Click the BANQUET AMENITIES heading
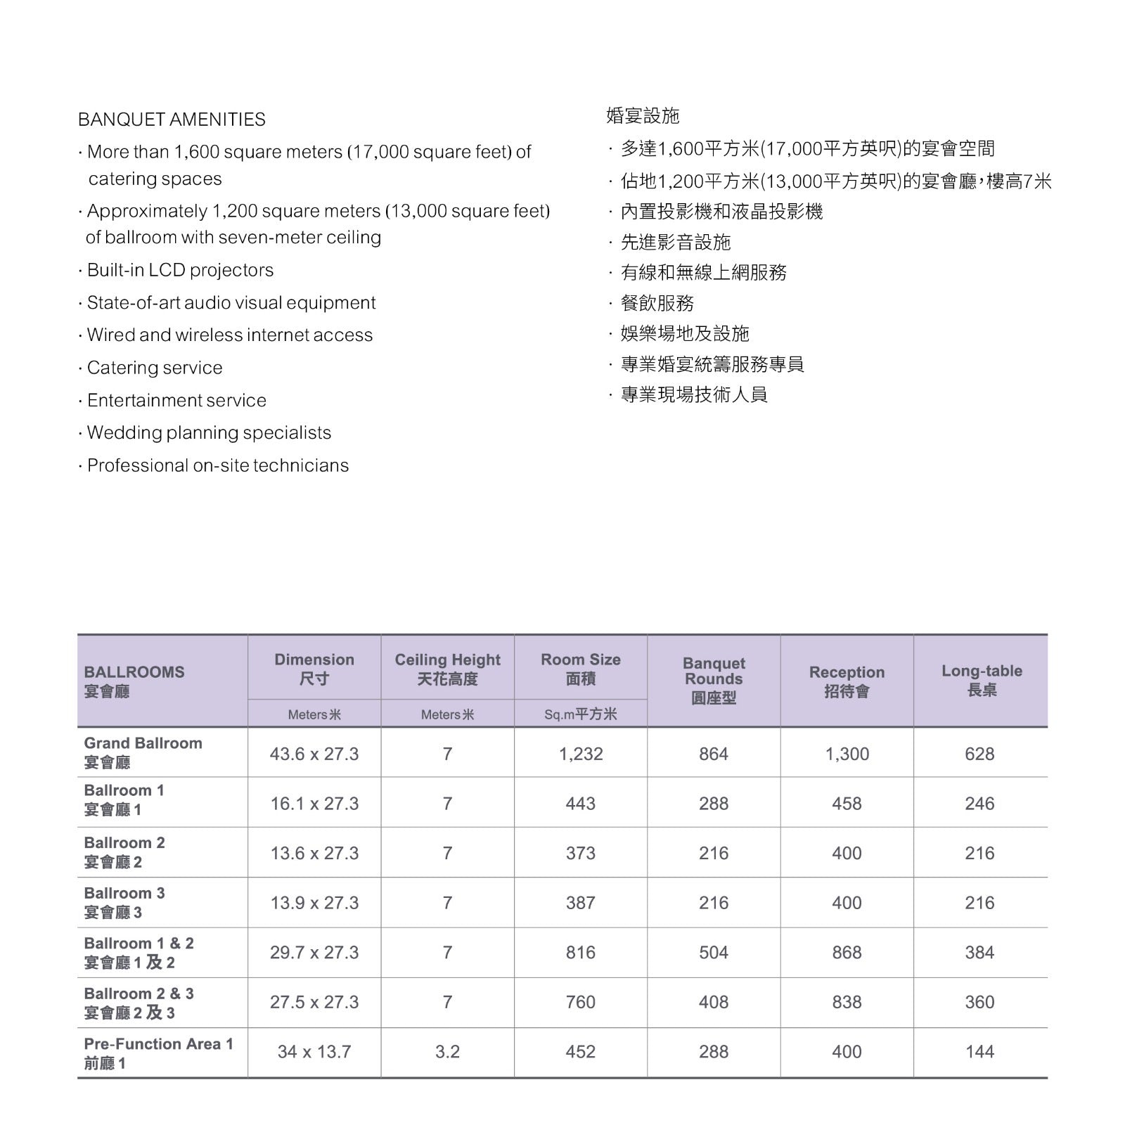click(172, 120)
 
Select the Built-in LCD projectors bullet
click(180, 270)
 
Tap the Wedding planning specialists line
click(209, 432)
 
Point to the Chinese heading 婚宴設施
click(643, 116)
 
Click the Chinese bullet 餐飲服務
click(657, 303)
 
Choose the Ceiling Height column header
click(447, 669)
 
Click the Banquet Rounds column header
click(714, 680)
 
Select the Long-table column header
click(982, 680)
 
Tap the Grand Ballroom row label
click(143, 752)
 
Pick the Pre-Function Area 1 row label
click(158, 1053)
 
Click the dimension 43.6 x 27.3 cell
click(314, 754)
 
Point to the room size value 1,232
click(581, 754)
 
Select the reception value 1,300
click(847, 754)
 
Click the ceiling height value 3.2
click(447, 1052)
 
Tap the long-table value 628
click(979, 754)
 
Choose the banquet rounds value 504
click(714, 953)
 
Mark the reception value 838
click(847, 1002)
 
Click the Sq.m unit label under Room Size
click(580, 714)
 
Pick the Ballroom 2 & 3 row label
click(139, 1003)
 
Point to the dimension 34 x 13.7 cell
click(314, 1052)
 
